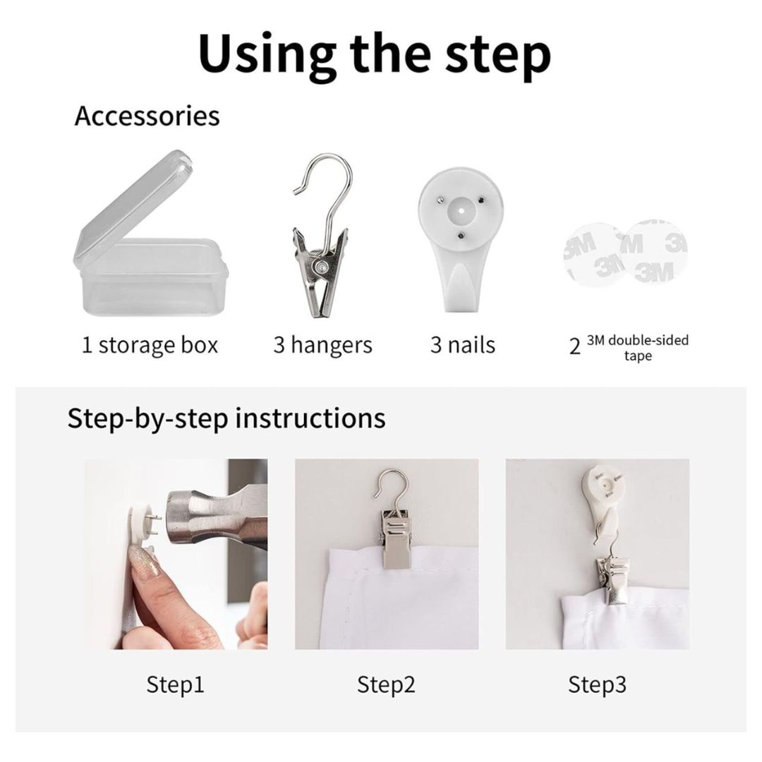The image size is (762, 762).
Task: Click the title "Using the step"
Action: pyautogui.click(x=375, y=54)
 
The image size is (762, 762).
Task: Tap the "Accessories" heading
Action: pyautogui.click(x=147, y=116)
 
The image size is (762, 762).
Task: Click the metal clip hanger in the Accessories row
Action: pyautogui.click(x=322, y=236)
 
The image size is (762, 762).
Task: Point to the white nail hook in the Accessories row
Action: pyautogui.click(x=460, y=238)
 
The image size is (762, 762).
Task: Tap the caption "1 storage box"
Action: pyautogui.click(x=150, y=345)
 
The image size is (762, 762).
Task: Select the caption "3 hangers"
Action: pyautogui.click(x=322, y=345)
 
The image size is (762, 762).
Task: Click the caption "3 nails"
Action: pyautogui.click(x=463, y=345)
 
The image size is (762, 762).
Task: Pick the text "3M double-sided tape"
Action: pyautogui.click(x=638, y=347)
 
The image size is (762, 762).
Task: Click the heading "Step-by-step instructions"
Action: pyautogui.click(x=226, y=418)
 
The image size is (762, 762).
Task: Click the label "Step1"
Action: pyautogui.click(x=175, y=684)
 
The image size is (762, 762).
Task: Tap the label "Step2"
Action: pyautogui.click(x=387, y=684)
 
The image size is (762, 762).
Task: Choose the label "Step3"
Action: pyautogui.click(x=598, y=684)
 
